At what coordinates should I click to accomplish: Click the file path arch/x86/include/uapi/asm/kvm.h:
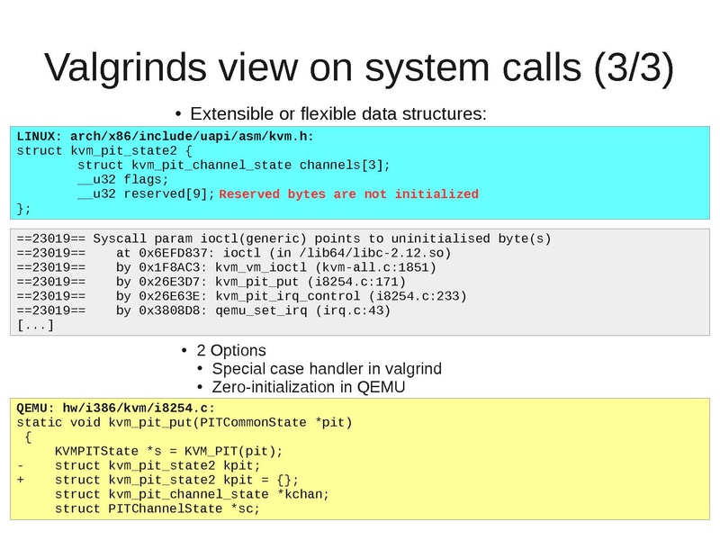(x=192, y=136)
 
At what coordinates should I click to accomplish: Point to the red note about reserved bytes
(x=349, y=193)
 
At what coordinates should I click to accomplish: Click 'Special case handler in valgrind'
(x=327, y=369)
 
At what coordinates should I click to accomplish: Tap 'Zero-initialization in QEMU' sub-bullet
(x=309, y=387)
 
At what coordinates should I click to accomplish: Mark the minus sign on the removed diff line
(x=21, y=465)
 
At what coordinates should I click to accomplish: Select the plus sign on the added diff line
(x=21, y=480)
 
